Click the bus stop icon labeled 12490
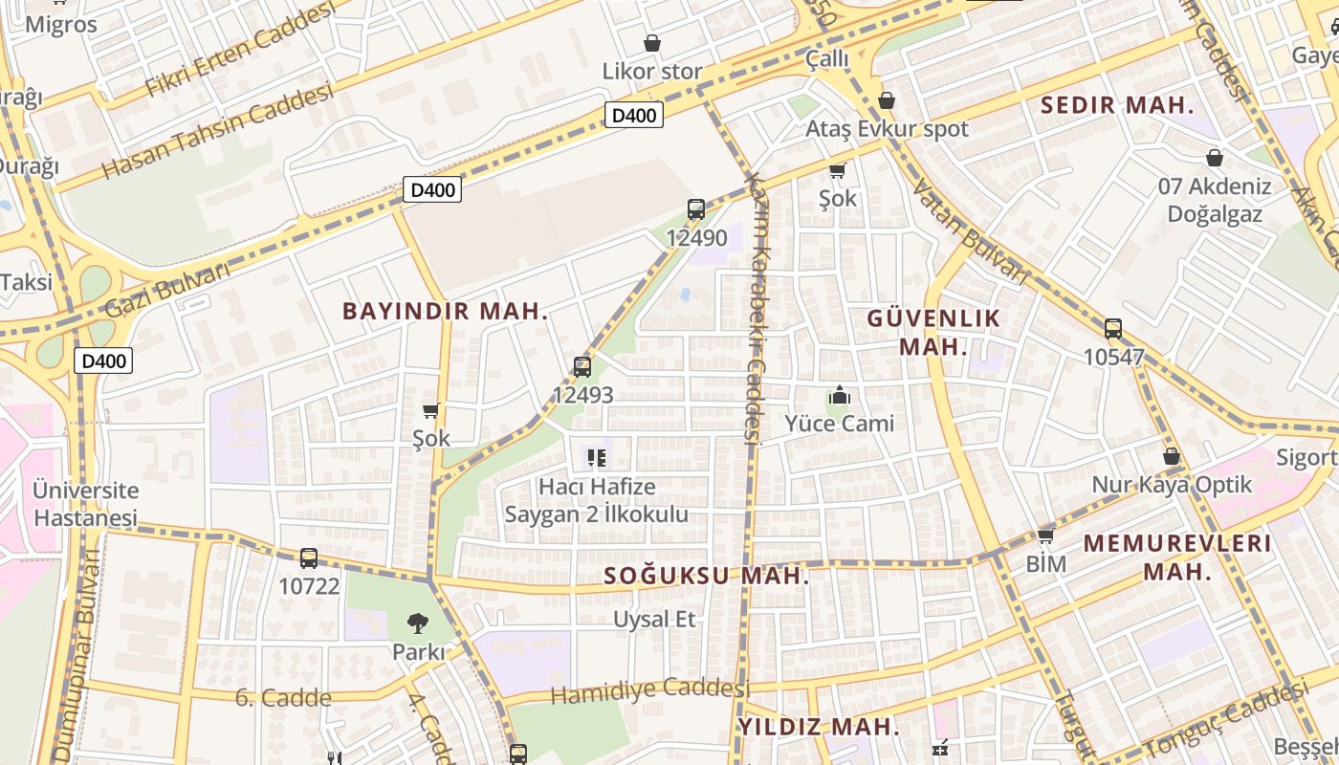[696, 209]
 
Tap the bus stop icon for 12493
[582, 366]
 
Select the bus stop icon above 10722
[308, 557]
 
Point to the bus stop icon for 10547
[1113, 329]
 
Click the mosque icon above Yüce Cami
[840, 395]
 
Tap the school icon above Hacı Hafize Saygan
[597, 458]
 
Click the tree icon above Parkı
[418, 624]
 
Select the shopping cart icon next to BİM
[1045, 535]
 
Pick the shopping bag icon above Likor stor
[652, 43]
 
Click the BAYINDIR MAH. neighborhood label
[446, 311]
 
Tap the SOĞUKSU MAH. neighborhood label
[707, 576]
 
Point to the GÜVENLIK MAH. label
[933, 332]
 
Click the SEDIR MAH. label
[1117, 105]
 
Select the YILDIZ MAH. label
[819, 726]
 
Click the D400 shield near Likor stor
[634, 116]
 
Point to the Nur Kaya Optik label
[1172, 485]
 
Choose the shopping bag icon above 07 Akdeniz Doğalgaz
[1215, 158]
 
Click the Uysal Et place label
[655, 620]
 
